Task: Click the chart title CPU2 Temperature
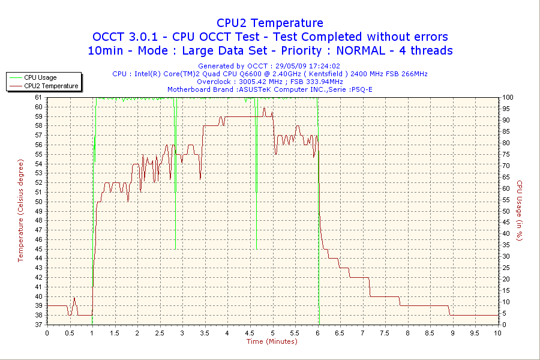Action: pos(270,23)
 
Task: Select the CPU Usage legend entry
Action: pos(40,77)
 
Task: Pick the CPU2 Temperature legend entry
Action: pos(51,86)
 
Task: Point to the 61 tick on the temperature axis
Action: pos(39,97)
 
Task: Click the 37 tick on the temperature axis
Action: pos(39,325)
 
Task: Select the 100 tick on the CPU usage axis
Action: pos(508,97)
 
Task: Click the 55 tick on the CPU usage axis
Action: pos(506,200)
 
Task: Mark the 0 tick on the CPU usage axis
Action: pos(504,325)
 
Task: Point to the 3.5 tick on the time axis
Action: pos(205,332)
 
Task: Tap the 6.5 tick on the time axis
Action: pos(340,332)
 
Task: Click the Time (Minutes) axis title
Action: pos(272,341)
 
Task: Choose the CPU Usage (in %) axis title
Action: pos(520,211)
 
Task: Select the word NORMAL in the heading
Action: pos(357,50)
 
